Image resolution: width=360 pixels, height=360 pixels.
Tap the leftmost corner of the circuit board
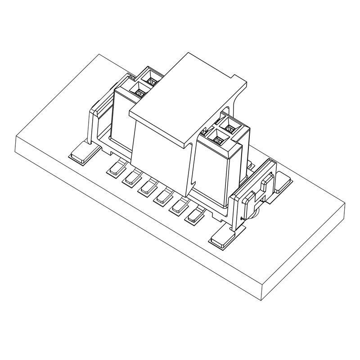pos(16,137)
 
